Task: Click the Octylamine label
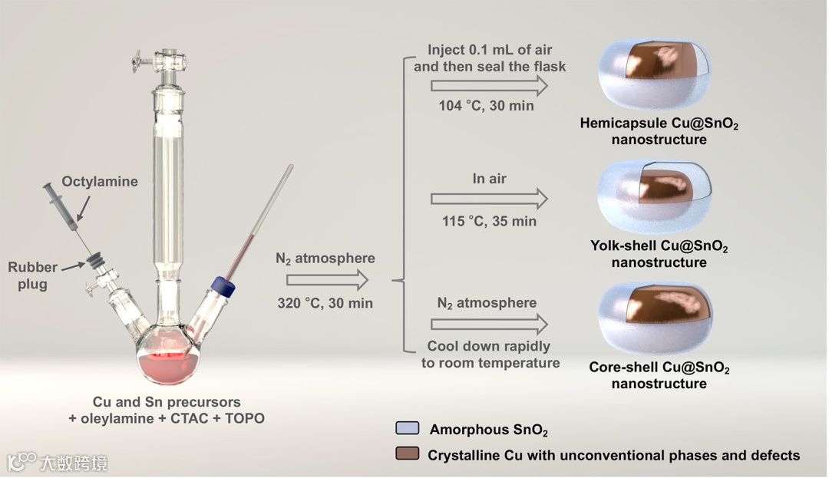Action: [100, 182]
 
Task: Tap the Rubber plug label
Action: [33, 275]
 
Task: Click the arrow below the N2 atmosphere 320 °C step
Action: [322, 280]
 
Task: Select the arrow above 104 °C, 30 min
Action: [489, 86]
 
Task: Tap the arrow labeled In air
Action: [489, 199]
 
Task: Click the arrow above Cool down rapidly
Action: [489, 322]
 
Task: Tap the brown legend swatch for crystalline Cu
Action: [408, 454]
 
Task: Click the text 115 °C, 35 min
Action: [489, 222]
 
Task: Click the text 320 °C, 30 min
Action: [325, 303]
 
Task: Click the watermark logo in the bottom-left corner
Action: [22, 462]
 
